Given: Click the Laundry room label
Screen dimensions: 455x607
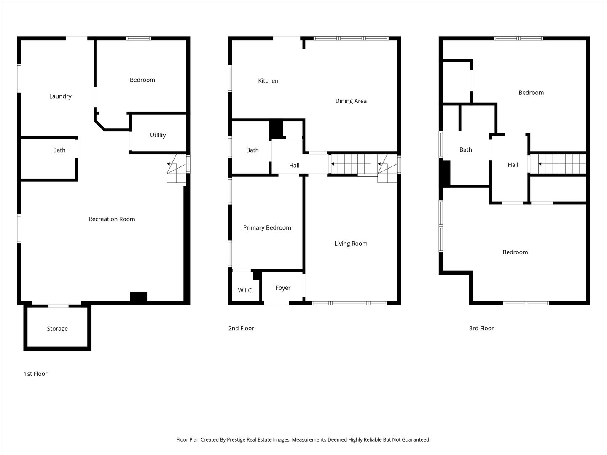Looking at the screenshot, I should [60, 96].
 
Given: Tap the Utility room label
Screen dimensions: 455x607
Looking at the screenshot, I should [158, 135].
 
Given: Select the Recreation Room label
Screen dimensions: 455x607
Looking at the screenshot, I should [112, 219].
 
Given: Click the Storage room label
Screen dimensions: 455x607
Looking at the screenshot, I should [57, 329].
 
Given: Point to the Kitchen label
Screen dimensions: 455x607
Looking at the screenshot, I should [268, 81].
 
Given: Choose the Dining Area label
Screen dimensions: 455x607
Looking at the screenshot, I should [351, 101].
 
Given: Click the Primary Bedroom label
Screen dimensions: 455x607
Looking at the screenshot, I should [267, 228].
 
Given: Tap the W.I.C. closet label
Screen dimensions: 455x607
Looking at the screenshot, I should [245, 290].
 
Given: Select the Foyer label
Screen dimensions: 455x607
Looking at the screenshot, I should [283, 288].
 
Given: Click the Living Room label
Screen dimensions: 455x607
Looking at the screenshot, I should [351, 244].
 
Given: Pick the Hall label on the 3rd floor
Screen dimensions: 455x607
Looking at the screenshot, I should [513, 165].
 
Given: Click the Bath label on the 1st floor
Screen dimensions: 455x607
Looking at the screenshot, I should [59, 150].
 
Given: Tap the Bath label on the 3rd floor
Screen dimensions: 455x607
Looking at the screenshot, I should [466, 150].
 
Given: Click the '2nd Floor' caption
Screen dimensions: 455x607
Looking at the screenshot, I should [241, 328].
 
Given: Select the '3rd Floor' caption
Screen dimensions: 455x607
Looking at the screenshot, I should [481, 328].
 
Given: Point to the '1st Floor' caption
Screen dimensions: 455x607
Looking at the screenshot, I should [36, 374].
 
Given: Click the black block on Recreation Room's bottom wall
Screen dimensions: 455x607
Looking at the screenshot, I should [138, 297].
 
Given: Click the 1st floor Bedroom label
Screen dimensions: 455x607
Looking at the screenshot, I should [142, 80].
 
